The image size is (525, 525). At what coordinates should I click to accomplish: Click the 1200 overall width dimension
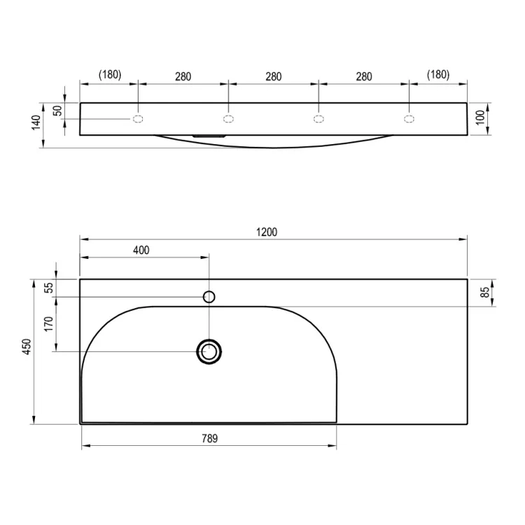tap(267, 232)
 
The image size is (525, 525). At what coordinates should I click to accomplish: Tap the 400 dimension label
tap(141, 250)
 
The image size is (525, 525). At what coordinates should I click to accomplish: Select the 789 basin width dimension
tap(209, 438)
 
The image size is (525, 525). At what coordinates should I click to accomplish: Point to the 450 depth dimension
tap(27, 346)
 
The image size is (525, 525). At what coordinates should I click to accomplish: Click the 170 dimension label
tap(49, 324)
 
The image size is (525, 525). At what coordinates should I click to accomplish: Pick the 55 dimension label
tap(49, 288)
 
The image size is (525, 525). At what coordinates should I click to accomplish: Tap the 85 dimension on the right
tap(484, 293)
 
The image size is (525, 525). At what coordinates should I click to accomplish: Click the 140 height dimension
tap(36, 122)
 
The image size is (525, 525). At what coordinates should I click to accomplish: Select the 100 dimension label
tap(480, 117)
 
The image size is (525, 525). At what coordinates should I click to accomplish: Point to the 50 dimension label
tap(59, 111)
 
